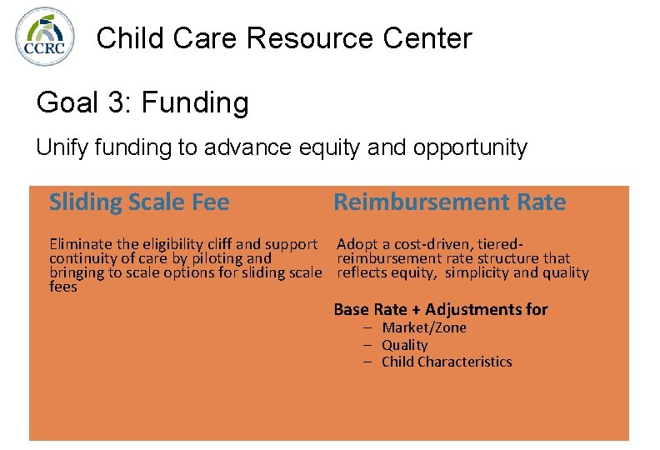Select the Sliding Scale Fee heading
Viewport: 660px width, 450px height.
click(139, 202)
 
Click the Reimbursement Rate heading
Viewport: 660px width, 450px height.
click(449, 202)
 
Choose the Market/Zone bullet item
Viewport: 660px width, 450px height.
click(423, 327)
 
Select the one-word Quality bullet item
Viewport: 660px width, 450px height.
click(404, 345)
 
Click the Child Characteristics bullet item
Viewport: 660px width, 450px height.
click(447, 362)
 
